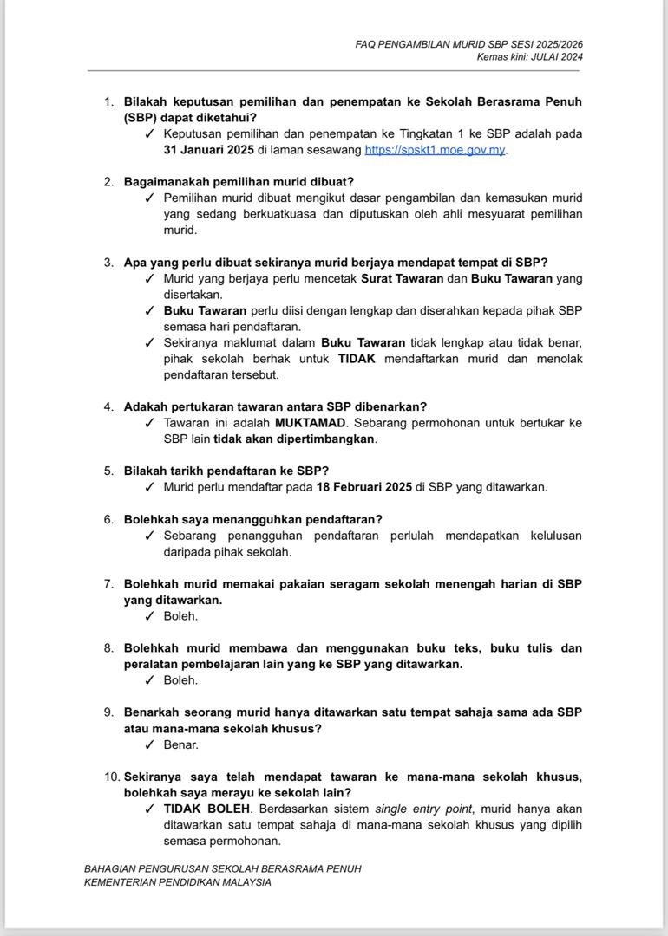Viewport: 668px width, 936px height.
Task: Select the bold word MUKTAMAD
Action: (x=310, y=423)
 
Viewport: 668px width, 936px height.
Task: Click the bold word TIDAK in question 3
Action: (x=357, y=359)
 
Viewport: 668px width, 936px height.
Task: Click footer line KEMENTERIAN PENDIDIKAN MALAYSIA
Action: (x=178, y=882)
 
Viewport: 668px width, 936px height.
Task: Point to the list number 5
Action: (x=108, y=471)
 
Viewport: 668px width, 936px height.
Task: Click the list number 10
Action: (x=110, y=777)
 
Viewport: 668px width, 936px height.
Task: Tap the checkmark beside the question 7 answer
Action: (x=150, y=616)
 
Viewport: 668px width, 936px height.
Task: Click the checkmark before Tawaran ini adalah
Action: (x=150, y=423)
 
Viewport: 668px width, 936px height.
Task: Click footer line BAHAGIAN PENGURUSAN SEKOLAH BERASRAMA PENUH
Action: (x=222, y=868)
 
